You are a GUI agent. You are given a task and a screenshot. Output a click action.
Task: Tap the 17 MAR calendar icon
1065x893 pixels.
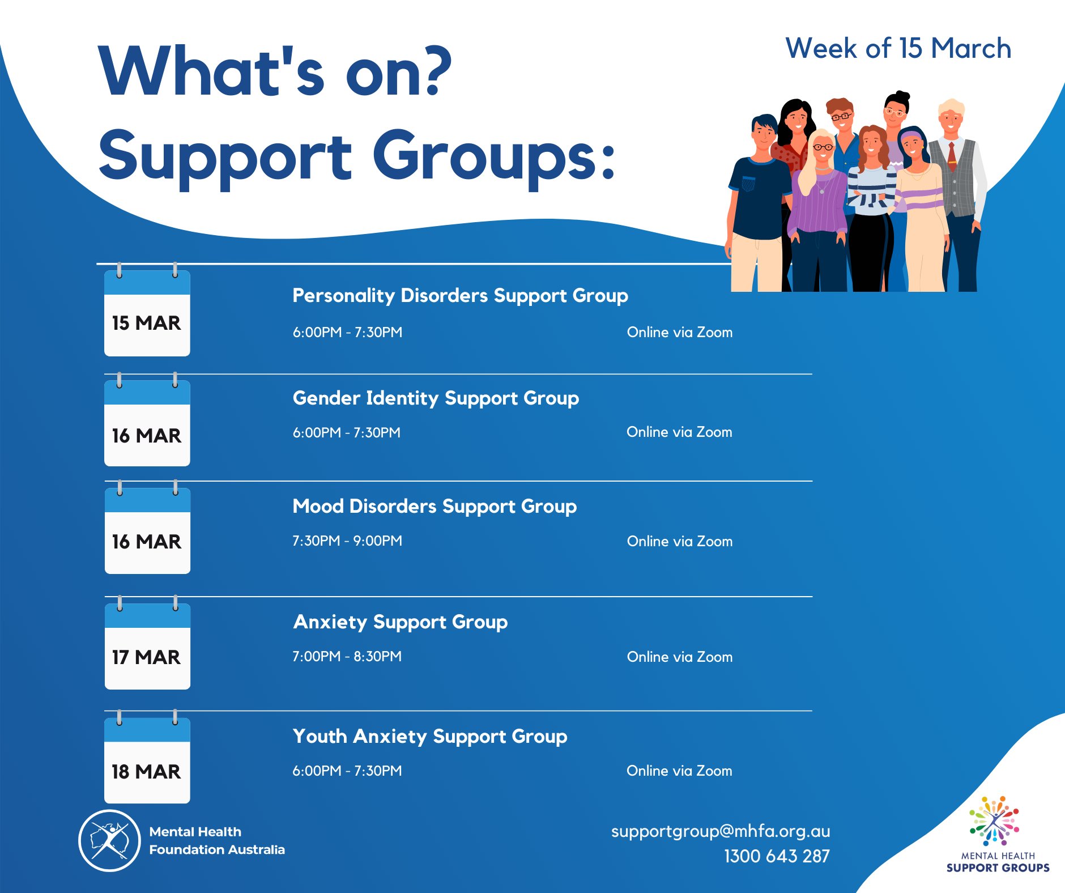147,643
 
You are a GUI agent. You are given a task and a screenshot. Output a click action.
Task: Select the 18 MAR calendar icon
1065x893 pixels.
147,756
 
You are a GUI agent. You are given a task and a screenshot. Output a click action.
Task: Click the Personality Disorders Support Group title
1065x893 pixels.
460,296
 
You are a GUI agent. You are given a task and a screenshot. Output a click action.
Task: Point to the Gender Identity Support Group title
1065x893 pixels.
436,398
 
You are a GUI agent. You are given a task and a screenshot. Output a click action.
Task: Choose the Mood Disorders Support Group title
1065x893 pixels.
434,507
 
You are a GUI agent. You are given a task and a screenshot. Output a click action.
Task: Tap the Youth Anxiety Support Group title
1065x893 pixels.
430,737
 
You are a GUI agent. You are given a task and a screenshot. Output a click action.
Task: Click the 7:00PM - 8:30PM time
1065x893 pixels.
347,656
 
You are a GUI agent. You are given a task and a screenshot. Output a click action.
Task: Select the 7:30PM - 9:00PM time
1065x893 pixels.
347,541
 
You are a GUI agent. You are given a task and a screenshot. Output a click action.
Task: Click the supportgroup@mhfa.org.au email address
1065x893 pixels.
721,831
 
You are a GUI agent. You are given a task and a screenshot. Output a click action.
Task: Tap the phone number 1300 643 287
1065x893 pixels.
777,856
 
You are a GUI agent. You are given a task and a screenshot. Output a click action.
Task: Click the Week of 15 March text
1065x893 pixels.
898,48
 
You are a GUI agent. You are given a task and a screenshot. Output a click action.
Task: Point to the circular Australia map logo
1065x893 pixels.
109,841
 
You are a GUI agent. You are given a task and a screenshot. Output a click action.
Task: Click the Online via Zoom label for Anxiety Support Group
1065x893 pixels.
680,657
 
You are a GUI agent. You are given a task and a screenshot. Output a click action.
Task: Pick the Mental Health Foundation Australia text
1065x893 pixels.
217,841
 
